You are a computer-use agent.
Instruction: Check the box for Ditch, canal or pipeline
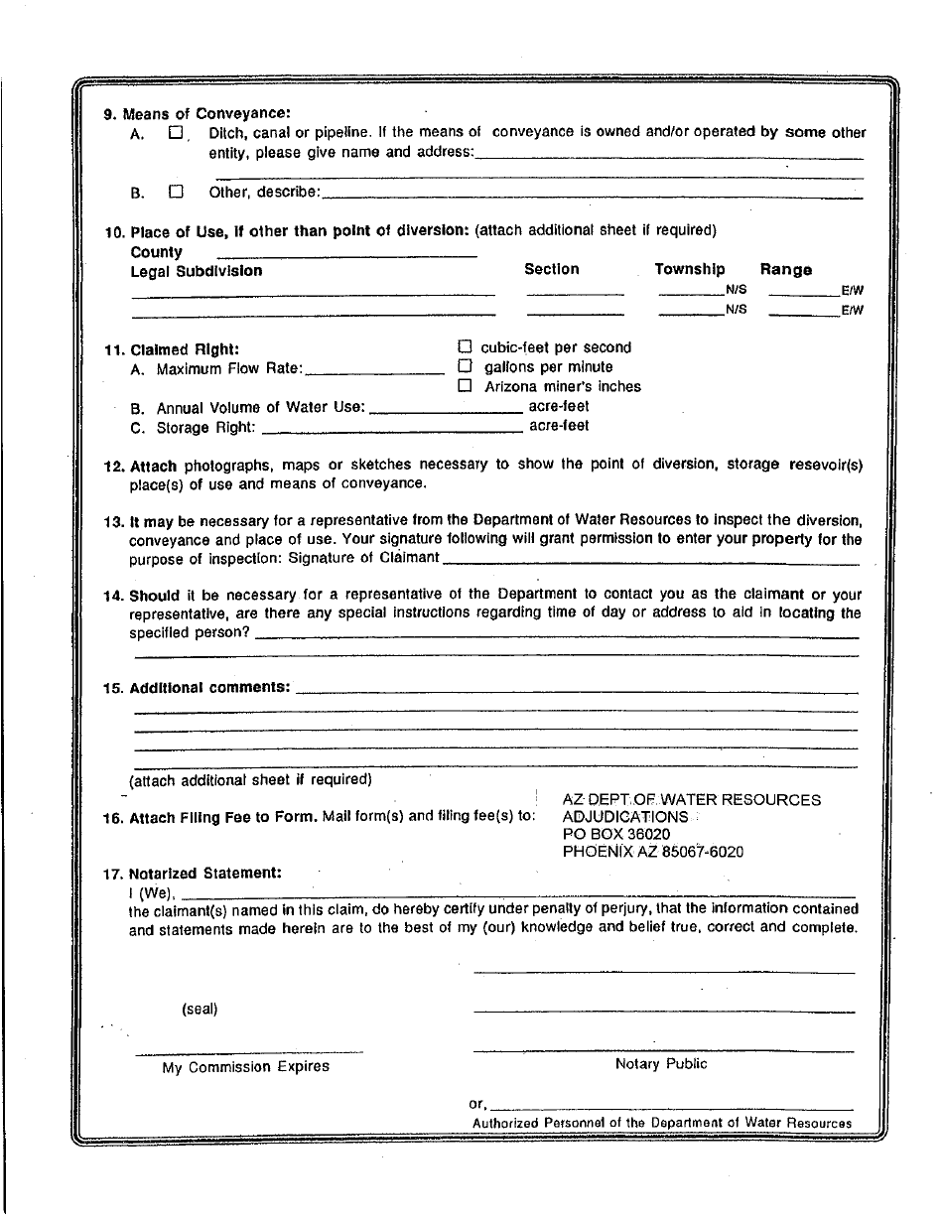tap(176, 132)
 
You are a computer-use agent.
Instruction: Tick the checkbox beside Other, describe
tap(176, 192)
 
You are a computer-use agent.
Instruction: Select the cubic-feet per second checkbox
tap(464, 347)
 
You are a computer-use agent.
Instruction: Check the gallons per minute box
tap(464, 366)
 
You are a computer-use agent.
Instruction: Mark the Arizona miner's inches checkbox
tap(464, 386)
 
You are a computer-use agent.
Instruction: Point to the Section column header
tap(551, 269)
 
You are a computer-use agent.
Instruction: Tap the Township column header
tap(689, 269)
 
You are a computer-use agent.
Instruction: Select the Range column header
tap(785, 270)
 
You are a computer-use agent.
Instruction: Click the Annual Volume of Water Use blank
tap(446, 410)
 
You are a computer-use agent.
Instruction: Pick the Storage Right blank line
tap(391, 430)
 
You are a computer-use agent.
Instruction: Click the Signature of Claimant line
tap(650, 562)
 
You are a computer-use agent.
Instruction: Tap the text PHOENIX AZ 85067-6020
tap(652, 852)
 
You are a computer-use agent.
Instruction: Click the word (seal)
tap(200, 1009)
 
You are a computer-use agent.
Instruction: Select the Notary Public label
tap(661, 1064)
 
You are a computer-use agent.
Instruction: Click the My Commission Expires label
tap(246, 1067)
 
